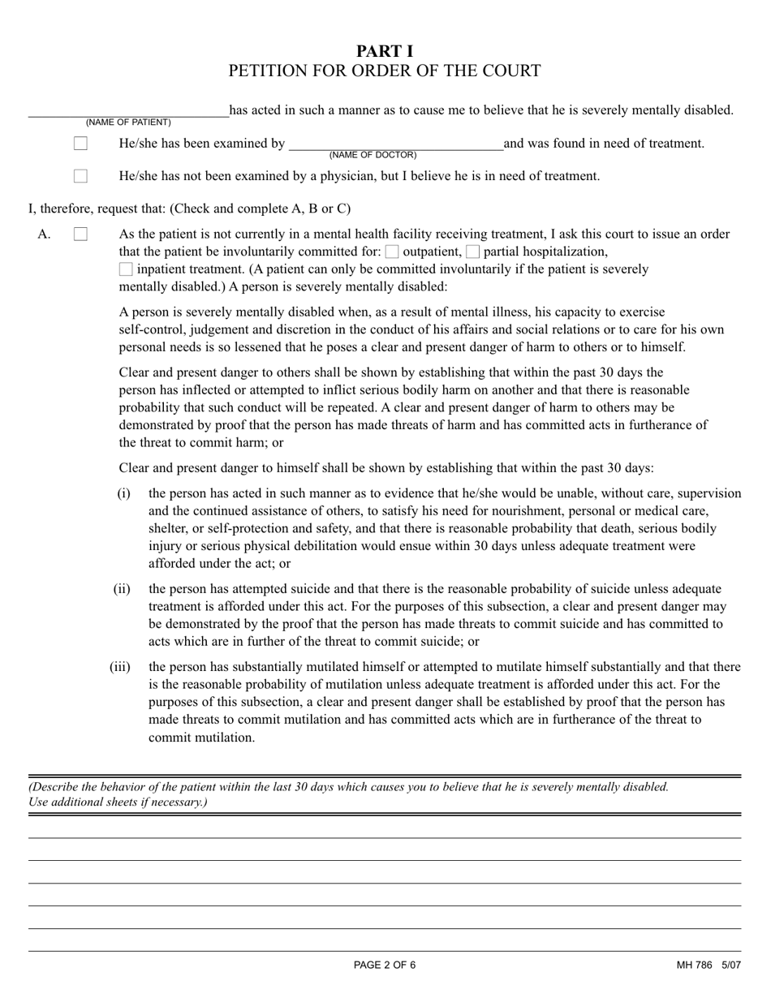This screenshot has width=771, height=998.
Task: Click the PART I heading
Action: (x=385, y=51)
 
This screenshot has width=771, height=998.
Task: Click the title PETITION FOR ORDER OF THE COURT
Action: (x=385, y=71)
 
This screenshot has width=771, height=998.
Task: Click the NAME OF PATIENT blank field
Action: (x=128, y=111)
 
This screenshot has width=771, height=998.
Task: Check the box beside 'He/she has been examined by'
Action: (x=80, y=144)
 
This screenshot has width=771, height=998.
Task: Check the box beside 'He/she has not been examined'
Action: (x=80, y=176)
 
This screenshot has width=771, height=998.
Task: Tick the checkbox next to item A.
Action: (x=80, y=234)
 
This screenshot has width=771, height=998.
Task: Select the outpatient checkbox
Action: (x=392, y=252)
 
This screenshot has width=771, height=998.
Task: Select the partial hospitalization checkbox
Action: (x=473, y=252)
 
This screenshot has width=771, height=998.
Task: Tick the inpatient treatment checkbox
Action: (x=126, y=269)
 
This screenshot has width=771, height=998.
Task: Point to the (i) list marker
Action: (x=123, y=493)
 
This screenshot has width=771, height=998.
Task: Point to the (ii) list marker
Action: (x=122, y=589)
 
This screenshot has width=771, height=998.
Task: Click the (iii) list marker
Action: (x=120, y=667)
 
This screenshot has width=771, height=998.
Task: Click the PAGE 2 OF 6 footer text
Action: (x=385, y=965)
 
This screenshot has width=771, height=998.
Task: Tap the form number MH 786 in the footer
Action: (x=694, y=965)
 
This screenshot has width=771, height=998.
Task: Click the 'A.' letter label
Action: (x=44, y=234)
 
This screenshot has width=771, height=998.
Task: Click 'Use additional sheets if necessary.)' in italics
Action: (x=118, y=802)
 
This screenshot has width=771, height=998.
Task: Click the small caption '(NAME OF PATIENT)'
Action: (x=128, y=123)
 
